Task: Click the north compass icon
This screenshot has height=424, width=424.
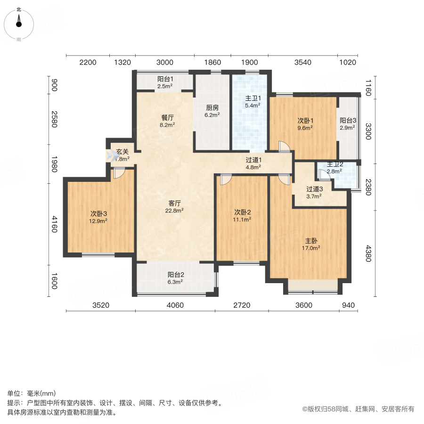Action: pyautogui.click(x=19, y=23)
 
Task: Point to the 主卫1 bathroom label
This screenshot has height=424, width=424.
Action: pyautogui.click(x=251, y=99)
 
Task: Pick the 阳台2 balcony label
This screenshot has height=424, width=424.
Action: pyautogui.click(x=175, y=275)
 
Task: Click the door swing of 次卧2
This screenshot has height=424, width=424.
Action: pyautogui.click(x=225, y=179)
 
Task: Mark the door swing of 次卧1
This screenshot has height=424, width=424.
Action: pyautogui.click(x=284, y=147)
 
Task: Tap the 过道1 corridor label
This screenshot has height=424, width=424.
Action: pyautogui.click(x=253, y=159)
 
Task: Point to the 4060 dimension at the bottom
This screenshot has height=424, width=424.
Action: pyautogui.click(x=175, y=305)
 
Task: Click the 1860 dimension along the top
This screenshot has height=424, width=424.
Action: pyautogui.click(x=212, y=62)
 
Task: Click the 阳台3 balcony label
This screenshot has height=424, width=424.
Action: pyautogui.click(x=348, y=120)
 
